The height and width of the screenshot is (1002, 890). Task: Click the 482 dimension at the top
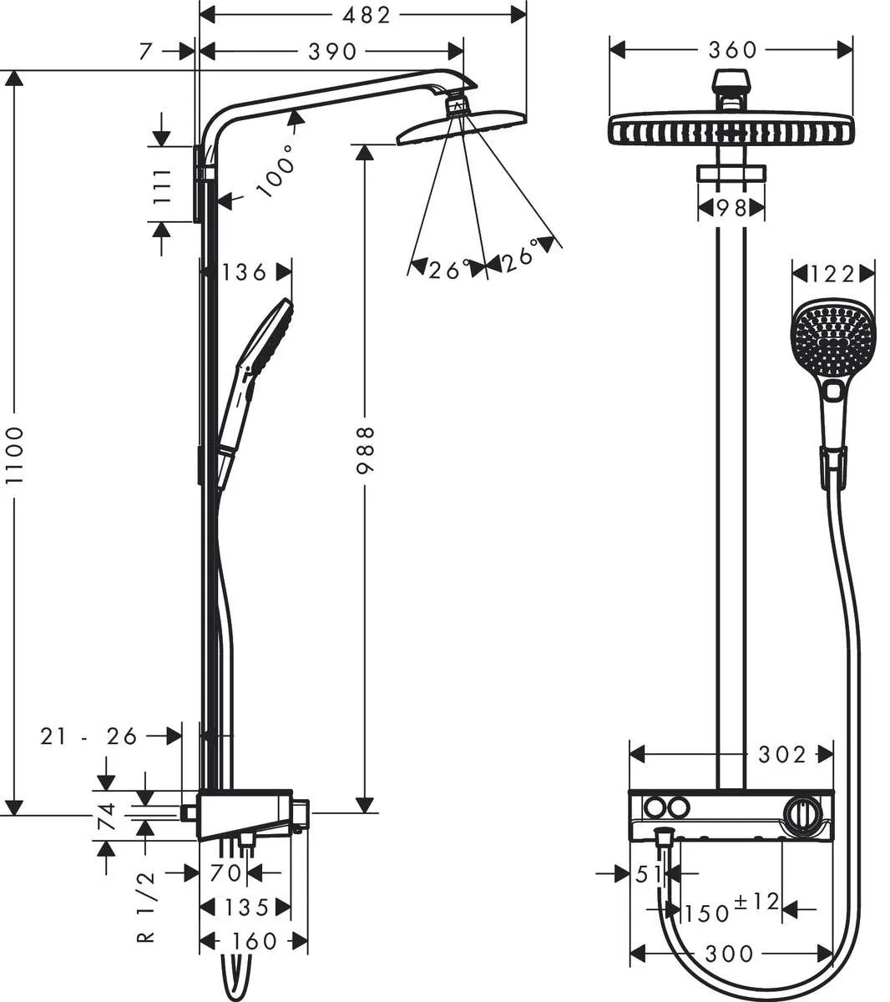pos(366,14)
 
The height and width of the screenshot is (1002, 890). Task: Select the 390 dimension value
pos(332,52)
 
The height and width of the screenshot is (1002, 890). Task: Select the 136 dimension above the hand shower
pos(245,271)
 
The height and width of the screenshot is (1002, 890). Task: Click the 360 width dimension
pos(732,50)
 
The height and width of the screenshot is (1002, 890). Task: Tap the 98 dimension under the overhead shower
pos(731,208)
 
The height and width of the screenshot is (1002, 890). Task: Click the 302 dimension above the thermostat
pos(781,755)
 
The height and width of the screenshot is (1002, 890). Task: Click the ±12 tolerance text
pos(756,902)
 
